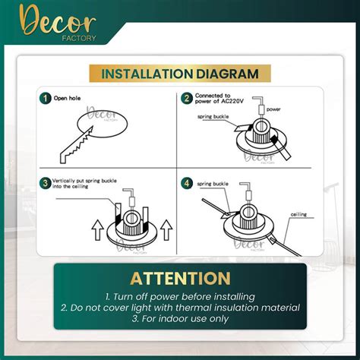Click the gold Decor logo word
pos(58,22)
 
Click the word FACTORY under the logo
pos(79,38)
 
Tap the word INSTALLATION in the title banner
pos(147,74)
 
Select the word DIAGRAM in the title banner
pos(227,74)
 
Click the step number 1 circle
pos(46,98)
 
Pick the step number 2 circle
pos(187,98)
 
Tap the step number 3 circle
pos(46,183)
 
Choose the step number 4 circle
pos(187,183)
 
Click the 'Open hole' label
pos(67,98)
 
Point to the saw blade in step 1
pos(76,145)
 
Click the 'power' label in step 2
pos(273,109)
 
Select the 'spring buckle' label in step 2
pos(213,117)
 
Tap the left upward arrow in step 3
pos(97,230)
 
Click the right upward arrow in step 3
pos(166,230)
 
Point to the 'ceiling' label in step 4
pos(298,214)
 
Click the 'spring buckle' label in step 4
pos(213,184)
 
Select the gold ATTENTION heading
pos(180,279)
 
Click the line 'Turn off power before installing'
pos(180,296)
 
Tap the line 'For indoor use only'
pos(180,318)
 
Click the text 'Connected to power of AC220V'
pos(219,99)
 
